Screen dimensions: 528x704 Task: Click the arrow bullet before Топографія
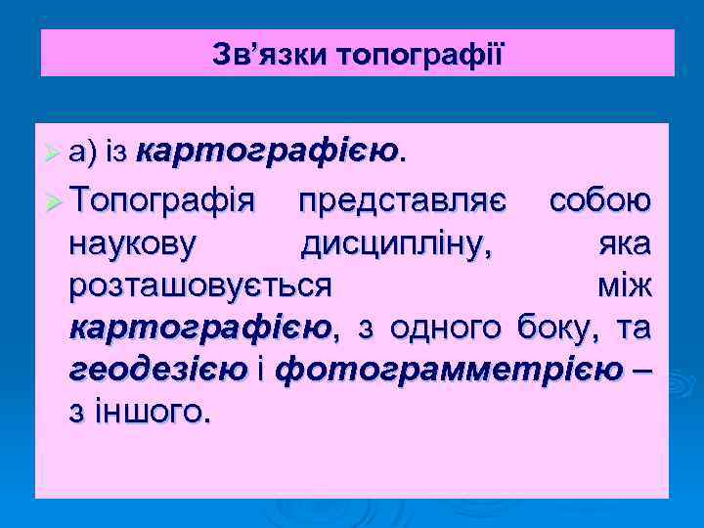(56, 202)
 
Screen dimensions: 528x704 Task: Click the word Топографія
(162, 201)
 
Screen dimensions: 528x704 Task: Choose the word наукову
(132, 244)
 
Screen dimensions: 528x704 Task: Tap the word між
(623, 286)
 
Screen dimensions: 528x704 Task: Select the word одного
(444, 330)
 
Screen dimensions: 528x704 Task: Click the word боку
(549, 330)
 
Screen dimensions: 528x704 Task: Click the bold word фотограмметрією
(449, 372)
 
